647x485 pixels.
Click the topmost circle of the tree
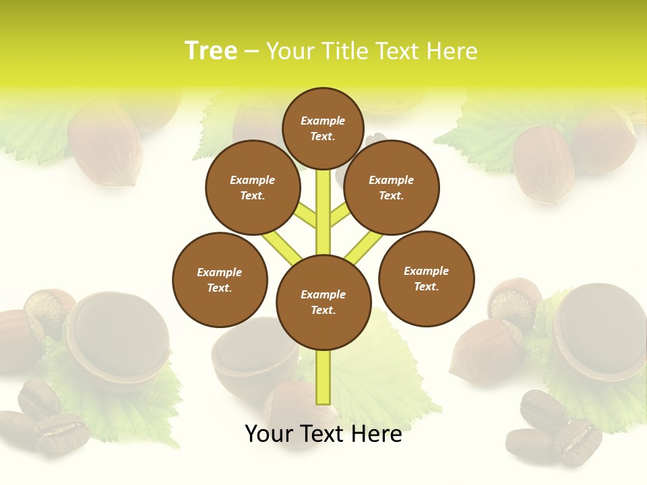coord(323,128)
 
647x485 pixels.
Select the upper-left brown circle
coord(253,187)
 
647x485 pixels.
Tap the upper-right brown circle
coord(392,187)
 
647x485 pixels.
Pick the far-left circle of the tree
coord(220,280)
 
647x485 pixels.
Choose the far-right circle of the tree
coord(427,278)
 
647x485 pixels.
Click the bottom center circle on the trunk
coord(323,302)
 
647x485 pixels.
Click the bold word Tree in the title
coord(211,51)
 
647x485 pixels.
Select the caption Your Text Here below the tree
coord(323,434)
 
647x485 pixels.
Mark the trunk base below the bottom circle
coord(323,377)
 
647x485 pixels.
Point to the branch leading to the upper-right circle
coord(339,216)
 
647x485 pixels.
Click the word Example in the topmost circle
coord(323,121)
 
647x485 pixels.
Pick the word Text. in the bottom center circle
coord(323,311)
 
